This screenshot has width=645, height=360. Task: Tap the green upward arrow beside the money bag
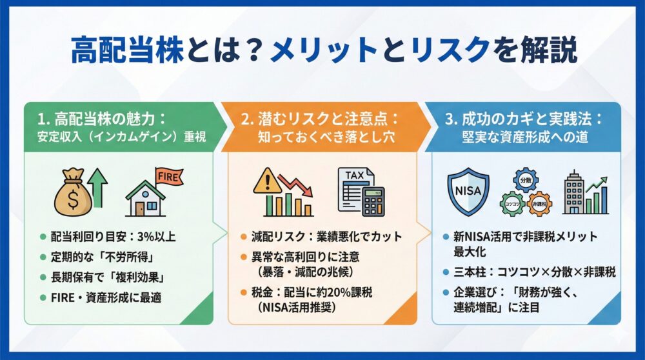pyautogui.click(x=98, y=186)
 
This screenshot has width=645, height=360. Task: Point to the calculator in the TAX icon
pyautogui.click(x=373, y=202)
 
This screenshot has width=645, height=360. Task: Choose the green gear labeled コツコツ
pyautogui.click(x=513, y=203)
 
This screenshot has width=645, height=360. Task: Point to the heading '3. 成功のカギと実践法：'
pyautogui.click(x=523, y=119)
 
